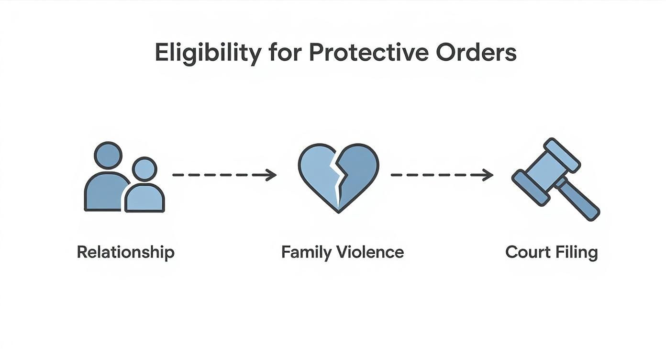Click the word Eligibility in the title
pyautogui.click(x=207, y=53)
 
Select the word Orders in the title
pyautogui.click(x=476, y=53)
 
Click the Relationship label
pyautogui.click(x=125, y=252)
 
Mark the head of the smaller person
pyautogui.click(x=144, y=169)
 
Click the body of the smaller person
pyautogui.click(x=144, y=199)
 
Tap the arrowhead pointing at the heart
pyautogui.click(x=273, y=175)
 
